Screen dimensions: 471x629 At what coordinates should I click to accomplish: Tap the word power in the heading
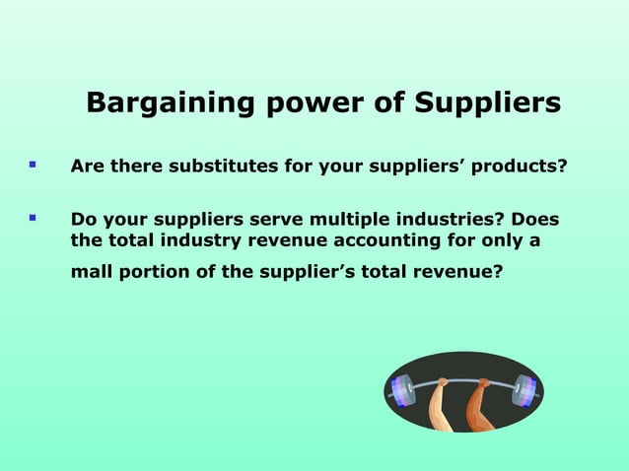tap(295, 102)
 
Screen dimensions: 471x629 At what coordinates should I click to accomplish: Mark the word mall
tap(92, 272)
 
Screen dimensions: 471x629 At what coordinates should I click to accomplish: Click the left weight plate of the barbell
tap(402, 391)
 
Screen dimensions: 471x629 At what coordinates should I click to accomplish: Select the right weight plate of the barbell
tap(523, 391)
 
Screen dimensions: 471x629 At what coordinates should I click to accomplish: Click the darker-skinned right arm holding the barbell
tap(480, 406)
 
